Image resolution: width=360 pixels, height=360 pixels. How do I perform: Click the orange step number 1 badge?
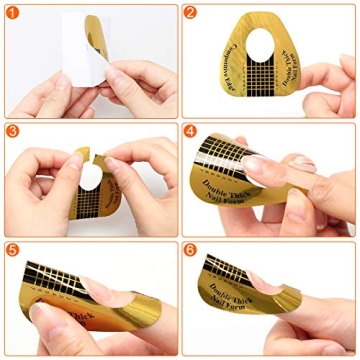pos(12,13)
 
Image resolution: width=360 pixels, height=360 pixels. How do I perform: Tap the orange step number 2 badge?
pos(190,13)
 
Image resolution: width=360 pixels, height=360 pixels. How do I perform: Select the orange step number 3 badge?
pos(12,131)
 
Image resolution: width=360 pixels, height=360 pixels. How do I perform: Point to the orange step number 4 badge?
pos(190,131)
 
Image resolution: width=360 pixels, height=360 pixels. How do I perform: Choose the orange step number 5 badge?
pos(12,250)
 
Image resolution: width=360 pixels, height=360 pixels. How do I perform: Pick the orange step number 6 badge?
pos(190,250)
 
